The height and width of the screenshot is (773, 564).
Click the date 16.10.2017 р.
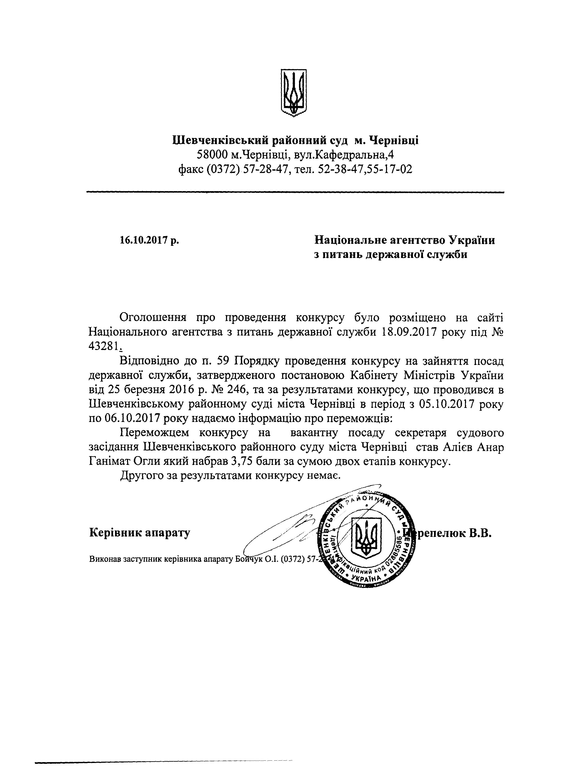coord(149,240)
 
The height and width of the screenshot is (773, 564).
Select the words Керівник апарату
coord(140,533)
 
